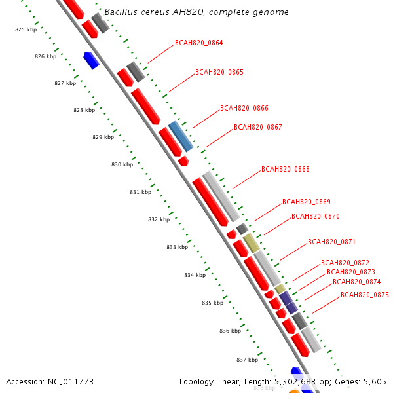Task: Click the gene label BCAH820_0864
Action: click(x=198, y=43)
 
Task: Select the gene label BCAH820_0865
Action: click(x=219, y=73)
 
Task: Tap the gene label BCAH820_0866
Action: click(x=244, y=109)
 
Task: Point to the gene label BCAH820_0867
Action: click(x=257, y=128)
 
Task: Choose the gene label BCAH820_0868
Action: click(x=285, y=170)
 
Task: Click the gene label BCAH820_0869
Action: click(x=306, y=202)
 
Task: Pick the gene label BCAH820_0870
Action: click(x=315, y=217)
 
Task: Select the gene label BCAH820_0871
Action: click(x=331, y=242)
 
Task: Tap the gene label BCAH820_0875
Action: click(x=364, y=295)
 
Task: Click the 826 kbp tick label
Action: click(x=45, y=57)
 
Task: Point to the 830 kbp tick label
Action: click(x=122, y=164)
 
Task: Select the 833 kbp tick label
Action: click(x=177, y=248)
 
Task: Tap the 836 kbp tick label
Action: click(x=230, y=331)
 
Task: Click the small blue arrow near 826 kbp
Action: click(x=91, y=60)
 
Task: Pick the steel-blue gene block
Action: click(x=181, y=135)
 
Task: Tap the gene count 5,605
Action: click(x=375, y=382)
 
